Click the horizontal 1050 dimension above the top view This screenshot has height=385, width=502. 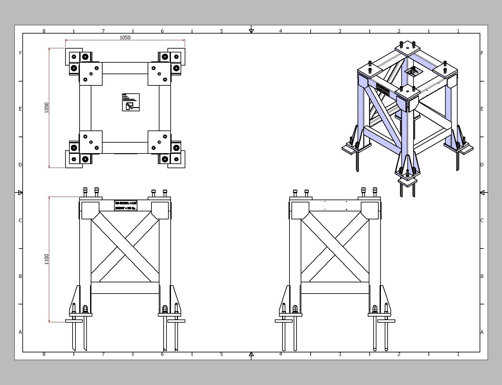pyautogui.click(x=125, y=37)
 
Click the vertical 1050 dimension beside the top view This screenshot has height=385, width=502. pyautogui.click(x=47, y=107)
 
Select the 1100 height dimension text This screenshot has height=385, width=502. pyautogui.click(x=47, y=259)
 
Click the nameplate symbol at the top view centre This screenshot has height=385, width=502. pyautogui.click(x=131, y=102)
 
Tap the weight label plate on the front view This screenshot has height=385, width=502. pyautogui.click(x=126, y=206)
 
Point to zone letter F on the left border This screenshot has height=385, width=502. pyautogui.click(x=20, y=53)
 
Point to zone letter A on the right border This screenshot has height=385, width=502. pyautogui.click(x=482, y=332)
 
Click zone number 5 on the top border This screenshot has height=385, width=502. pyautogui.click(x=221, y=31)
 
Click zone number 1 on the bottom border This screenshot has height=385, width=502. pyautogui.click(x=458, y=354)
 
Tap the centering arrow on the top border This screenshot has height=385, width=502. pyautogui.click(x=251, y=31)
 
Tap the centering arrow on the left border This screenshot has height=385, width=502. pyautogui.click(x=20, y=192)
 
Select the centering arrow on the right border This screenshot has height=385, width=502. pyautogui.click(x=482, y=192)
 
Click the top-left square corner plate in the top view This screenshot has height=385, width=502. pyautogui.click(x=91, y=74)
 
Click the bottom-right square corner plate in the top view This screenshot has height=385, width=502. pyautogui.click(x=159, y=142)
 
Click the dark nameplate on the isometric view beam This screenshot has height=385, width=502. pyautogui.click(x=383, y=89)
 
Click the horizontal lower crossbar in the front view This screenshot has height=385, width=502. pyautogui.click(x=125, y=288)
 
